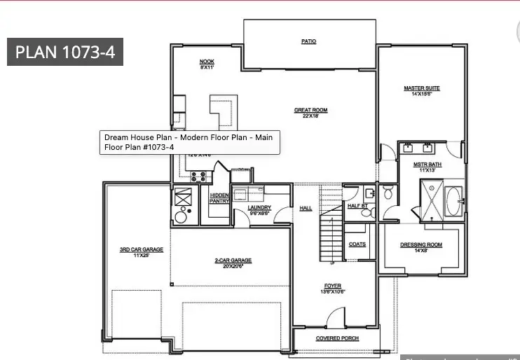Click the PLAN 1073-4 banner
[65, 52]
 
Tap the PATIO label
[308, 41]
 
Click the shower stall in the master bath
[432, 199]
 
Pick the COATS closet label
[357, 244]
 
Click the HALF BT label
[357, 206]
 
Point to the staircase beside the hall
[329, 224]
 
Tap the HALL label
[306, 208]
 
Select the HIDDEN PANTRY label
[219, 198]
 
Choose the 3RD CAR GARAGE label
[132, 251]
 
